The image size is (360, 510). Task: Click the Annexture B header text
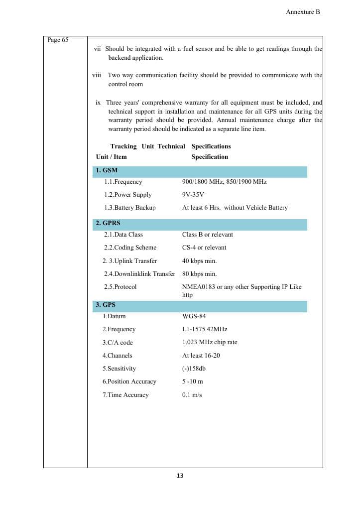(x=303, y=12)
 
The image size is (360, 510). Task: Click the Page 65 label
(x=58, y=40)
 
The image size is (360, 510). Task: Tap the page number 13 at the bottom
(x=180, y=476)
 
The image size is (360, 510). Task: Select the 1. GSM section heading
(x=107, y=170)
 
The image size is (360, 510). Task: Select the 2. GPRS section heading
(x=108, y=223)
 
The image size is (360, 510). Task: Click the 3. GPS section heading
(x=106, y=304)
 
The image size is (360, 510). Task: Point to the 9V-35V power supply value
(x=193, y=195)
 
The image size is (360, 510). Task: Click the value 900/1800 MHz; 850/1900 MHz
(x=225, y=182)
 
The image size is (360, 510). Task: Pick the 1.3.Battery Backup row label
(x=130, y=208)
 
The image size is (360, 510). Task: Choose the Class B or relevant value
(x=208, y=235)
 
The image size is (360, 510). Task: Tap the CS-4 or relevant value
(x=204, y=248)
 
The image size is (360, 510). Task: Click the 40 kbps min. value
(x=200, y=261)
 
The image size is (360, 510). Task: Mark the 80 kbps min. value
(x=200, y=274)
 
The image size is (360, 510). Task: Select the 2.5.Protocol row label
(x=120, y=287)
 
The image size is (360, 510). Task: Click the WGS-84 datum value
(x=194, y=316)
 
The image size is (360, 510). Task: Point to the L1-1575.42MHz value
(x=205, y=329)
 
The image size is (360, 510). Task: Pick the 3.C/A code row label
(x=118, y=343)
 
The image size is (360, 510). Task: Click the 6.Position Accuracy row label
(x=129, y=382)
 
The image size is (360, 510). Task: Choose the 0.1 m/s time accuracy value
(x=192, y=395)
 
